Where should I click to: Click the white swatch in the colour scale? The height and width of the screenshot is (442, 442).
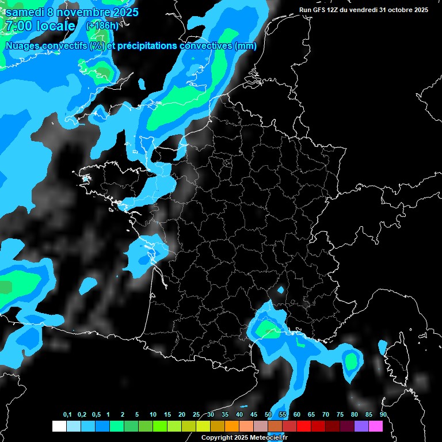(59, 426)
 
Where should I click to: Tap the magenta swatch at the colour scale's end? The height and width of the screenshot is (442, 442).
(376, 426)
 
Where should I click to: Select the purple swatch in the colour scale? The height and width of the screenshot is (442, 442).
(361, 426)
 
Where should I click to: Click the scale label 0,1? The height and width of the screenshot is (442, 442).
(67, 415)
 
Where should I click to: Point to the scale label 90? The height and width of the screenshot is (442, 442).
(383, 415)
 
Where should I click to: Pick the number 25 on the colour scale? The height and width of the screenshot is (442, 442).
(196, 415)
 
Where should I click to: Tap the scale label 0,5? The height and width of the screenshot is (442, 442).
(96, 415)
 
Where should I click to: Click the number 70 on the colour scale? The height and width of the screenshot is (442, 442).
(325, 415)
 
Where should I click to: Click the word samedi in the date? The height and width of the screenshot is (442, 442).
(25, 12)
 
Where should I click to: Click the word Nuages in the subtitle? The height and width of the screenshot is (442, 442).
(21, 46)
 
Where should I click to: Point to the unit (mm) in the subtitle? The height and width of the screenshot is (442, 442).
(246, 46)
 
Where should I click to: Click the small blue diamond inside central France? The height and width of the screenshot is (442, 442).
(281, 291)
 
